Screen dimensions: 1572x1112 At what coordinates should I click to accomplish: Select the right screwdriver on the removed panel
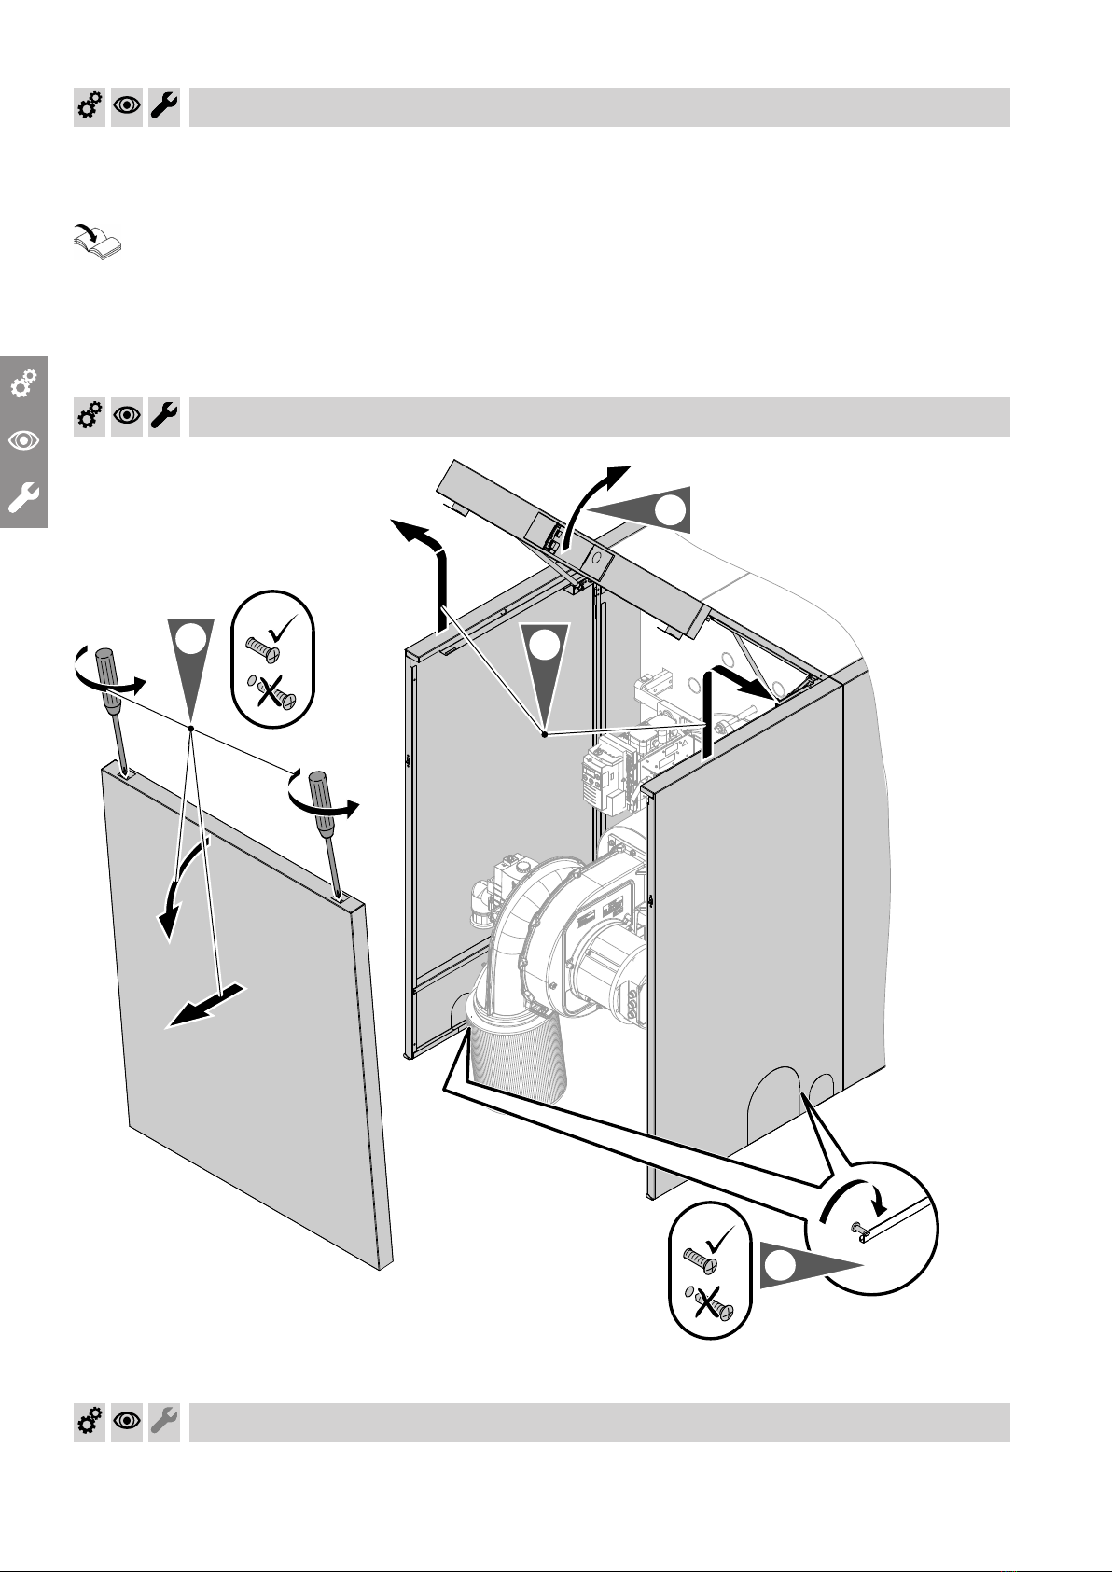click(x=327, y=822)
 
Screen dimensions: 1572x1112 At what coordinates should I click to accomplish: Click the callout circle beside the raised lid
click(x=670, y=510)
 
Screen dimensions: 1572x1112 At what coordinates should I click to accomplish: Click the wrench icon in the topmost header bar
click(x=164, y=107)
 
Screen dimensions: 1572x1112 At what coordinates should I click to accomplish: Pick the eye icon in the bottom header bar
click(x=127, y=1422)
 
